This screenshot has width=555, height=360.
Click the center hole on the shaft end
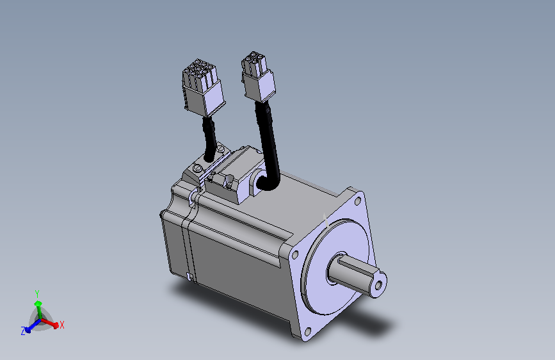tap(378, 285)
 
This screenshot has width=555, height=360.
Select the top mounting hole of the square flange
tap(357, 201)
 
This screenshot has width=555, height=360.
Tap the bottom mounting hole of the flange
tap(307, 332)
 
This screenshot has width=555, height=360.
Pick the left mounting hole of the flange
tap(295, 254)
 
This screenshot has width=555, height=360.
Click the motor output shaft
tap(357, 274)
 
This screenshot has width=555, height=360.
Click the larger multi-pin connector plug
tap(204, 88)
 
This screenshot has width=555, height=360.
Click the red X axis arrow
tap(49, 323)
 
